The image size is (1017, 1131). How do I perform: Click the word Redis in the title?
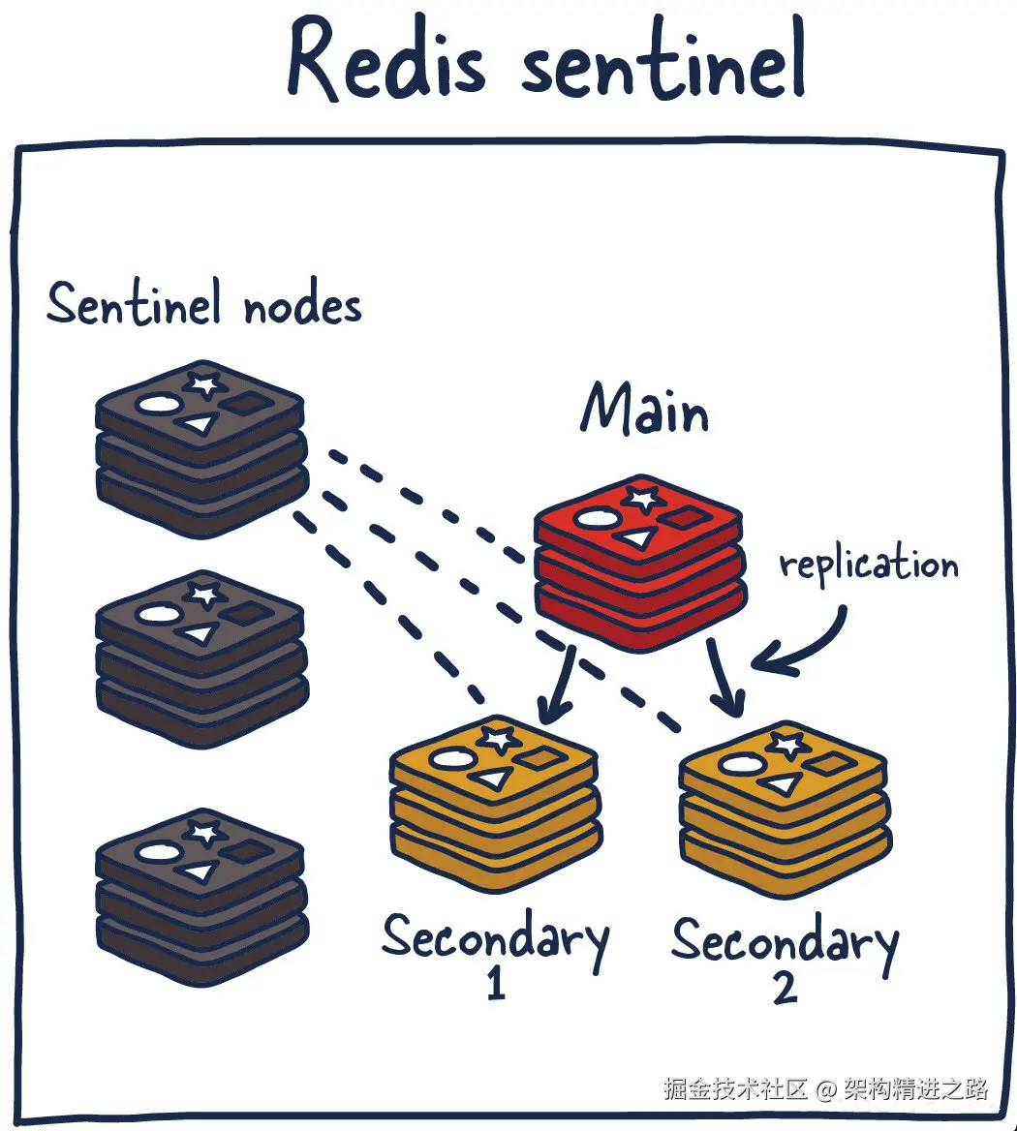coord(386,59)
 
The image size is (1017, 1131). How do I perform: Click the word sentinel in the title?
coord(663,58)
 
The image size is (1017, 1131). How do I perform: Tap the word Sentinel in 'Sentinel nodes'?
coord(134,304)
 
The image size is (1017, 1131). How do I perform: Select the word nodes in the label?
coord(302,306)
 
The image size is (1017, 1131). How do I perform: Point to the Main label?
coord(644,409)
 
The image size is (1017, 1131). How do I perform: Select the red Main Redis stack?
coord(640,564)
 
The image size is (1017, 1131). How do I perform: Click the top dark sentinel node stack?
coord(202,448)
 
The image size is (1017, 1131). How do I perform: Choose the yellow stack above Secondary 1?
coord(496,805)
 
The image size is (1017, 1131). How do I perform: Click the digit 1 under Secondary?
coord(496,983)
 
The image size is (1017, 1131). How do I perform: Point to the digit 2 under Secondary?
coord(786,987)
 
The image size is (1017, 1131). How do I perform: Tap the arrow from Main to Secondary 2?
coord(724,678)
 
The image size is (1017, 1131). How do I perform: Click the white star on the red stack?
coord(642,499)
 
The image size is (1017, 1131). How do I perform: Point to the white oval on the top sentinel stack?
coord(159,404)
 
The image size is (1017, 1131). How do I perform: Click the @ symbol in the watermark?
coord(825,1088)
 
